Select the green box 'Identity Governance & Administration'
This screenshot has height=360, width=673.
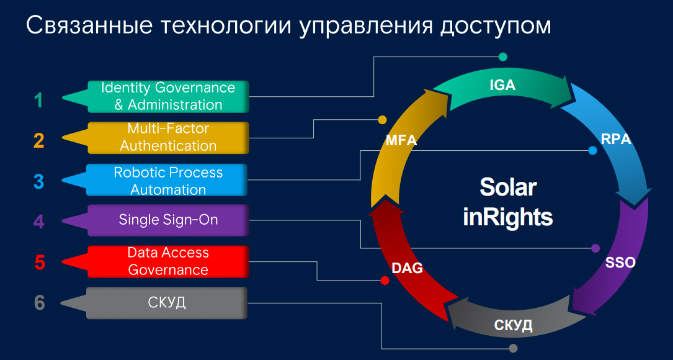(x=167, y=96)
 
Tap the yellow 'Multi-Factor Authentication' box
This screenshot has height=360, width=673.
(x=167, y=137)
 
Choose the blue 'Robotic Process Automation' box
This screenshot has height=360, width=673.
(x=167, y=181)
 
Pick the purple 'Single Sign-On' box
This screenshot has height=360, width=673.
(x=167, y=220)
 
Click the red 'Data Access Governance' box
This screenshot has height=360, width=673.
(x=167, y=261)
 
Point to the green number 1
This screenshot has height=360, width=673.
(x=39, y=101)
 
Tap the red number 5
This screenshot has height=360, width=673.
(x=40, y=263)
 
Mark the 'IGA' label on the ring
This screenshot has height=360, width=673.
(x=502, y=86)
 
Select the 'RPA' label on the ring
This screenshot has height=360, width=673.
(x=616, y=139)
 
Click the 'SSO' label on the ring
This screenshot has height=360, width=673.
(x=620, y=263)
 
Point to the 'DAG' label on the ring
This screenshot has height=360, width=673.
(x=407, y=269)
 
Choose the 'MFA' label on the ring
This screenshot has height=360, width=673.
(x=401, y=141)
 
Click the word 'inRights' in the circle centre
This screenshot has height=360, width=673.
(x=507, y=217)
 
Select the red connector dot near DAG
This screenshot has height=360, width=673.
(x=385, y=281)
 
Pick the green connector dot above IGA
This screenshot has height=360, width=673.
(x=502, y=56)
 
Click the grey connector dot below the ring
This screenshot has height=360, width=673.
(x=512, y=349)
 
